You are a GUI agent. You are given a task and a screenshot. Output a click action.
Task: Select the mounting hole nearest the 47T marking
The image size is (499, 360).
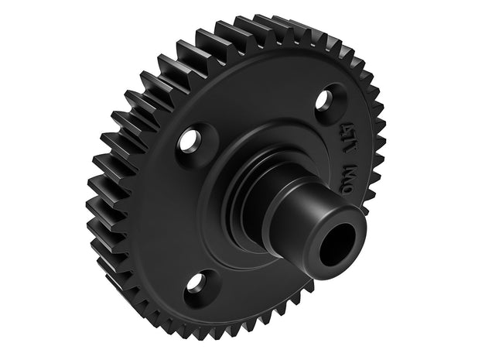tap(326, 99)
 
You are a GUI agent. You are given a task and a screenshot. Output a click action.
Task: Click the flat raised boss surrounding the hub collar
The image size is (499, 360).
tap(232, 225)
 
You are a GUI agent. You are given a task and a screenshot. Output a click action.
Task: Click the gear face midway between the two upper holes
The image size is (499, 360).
tap(255, 116)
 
